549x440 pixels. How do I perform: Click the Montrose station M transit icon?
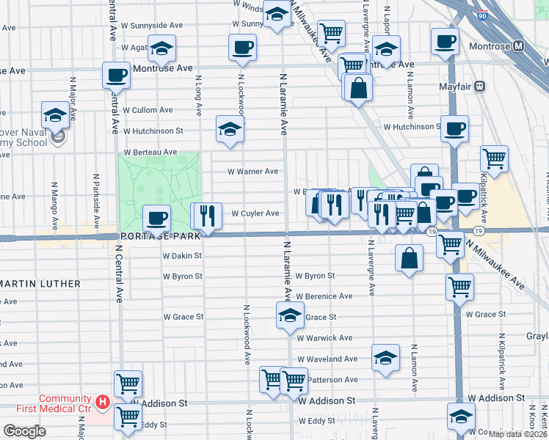point(519,46)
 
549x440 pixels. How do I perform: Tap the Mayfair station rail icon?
point(480,86)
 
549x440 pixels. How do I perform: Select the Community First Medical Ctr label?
point(65,404)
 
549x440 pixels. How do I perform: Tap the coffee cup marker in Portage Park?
point(156,218)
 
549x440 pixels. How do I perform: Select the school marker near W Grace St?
point(290,316)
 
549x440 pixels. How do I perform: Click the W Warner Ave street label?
point(252,172)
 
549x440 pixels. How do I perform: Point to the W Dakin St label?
point(181,256)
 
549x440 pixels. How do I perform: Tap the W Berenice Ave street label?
point(324,296)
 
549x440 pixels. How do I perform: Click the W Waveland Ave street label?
point(328,359)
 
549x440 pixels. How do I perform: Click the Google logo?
point(24,431)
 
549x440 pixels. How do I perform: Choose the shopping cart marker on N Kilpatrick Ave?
point(495,158)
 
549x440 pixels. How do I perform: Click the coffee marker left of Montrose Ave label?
point(117,75)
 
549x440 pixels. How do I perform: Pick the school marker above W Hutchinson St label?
point(230,129)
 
